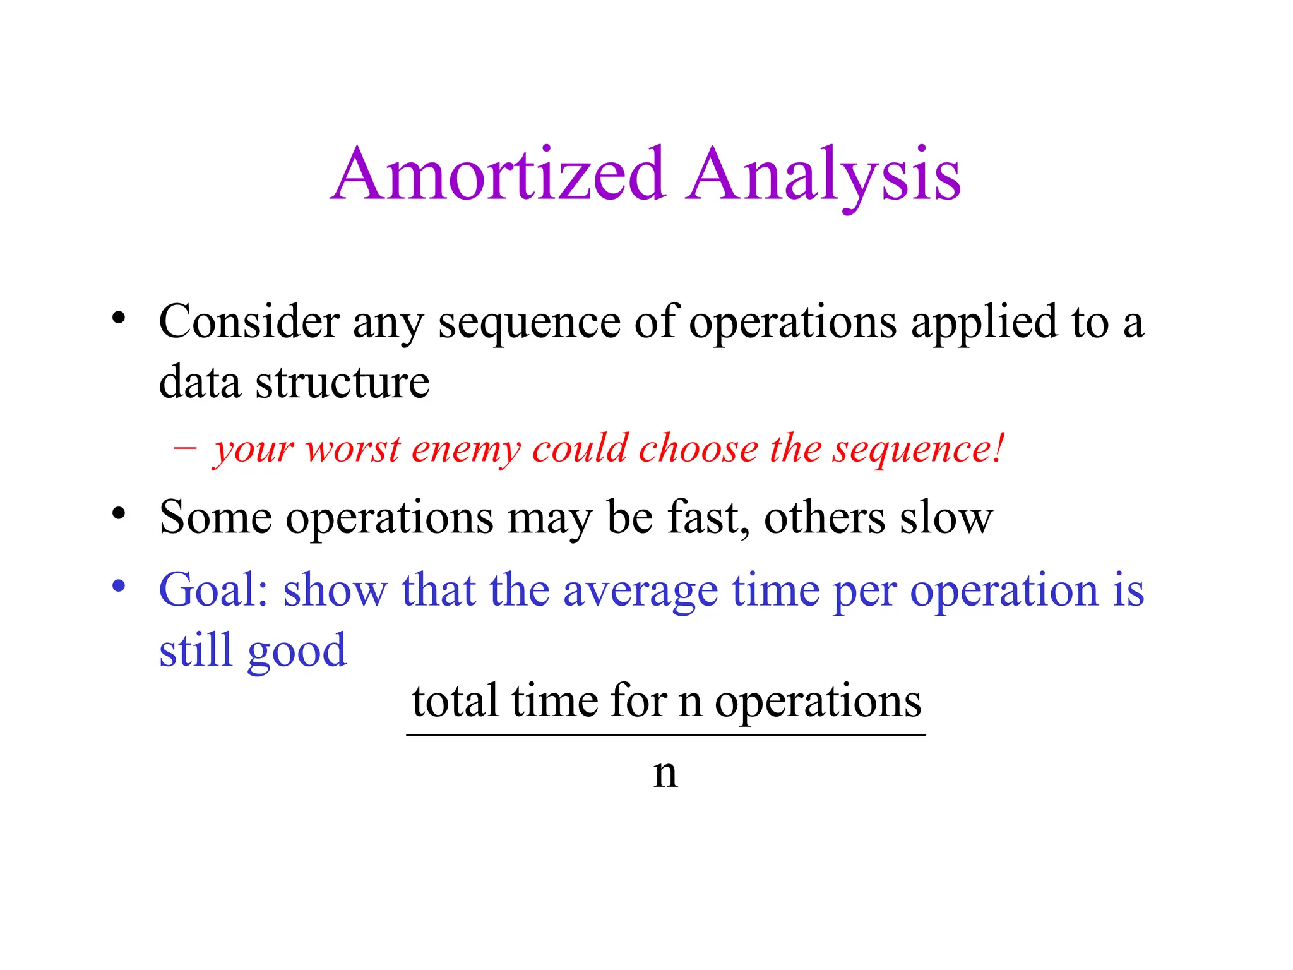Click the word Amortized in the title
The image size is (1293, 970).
pos(499,174)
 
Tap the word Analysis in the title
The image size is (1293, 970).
pos(823,175)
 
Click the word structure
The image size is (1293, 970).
pos(342,382)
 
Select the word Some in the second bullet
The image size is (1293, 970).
pos(216,518)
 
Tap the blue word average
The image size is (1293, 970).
pos(640,591)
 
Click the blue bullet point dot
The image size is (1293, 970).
pos(119,585)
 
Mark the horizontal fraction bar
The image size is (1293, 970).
pos(665,735)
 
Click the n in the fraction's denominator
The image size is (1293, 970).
pos(665,773)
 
